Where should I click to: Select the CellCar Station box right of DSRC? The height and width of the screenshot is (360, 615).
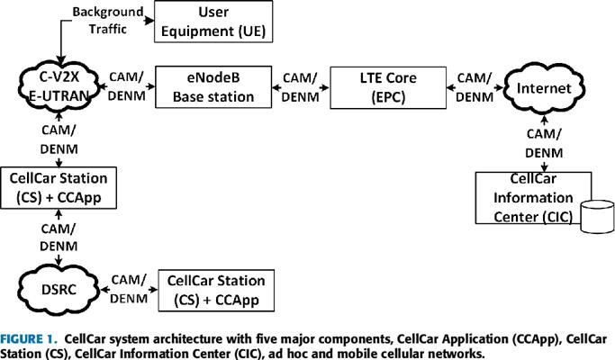(215, 289)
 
